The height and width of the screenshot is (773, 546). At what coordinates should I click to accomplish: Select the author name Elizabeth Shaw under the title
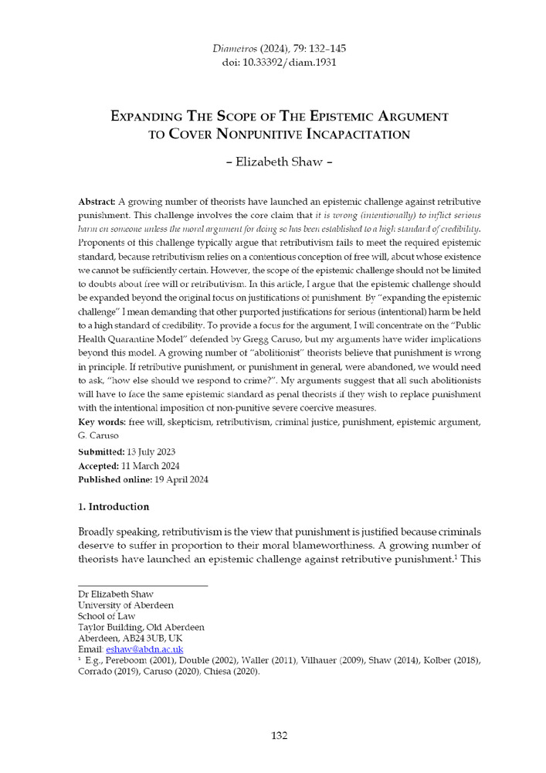click(273, 164)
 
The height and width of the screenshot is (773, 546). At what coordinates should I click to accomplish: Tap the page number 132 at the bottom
click(273, 734)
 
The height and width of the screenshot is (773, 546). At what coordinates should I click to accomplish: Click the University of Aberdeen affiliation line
click(126, 604)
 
